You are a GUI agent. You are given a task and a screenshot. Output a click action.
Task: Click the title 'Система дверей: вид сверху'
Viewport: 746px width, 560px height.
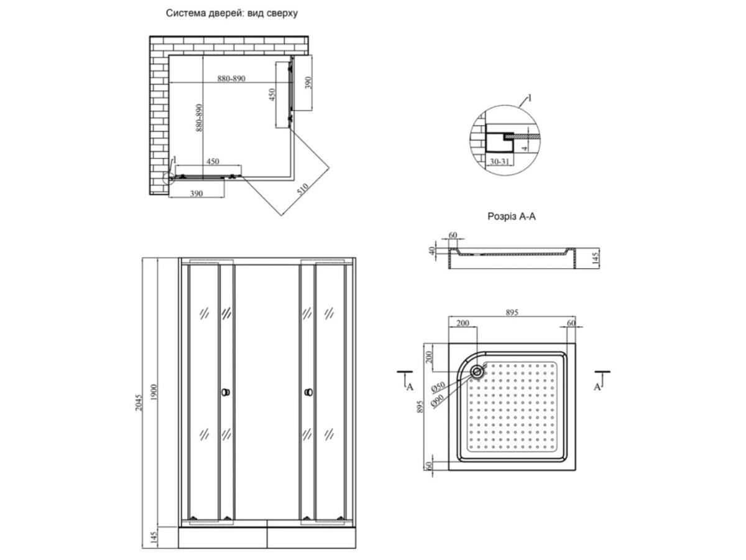(x=231, y=13)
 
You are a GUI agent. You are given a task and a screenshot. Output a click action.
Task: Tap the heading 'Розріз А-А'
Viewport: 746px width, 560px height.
(x=511, y=217)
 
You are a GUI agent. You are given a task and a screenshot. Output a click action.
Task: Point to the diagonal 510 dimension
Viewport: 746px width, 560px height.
(x=303, y=189)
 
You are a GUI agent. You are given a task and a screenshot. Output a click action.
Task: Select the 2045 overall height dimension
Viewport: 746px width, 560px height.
(x=139, y=403)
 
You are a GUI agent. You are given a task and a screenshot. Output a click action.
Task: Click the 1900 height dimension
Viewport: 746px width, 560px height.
(x=154, y=392)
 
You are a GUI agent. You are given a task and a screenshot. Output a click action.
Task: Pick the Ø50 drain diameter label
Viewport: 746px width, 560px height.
(x=438, y=386)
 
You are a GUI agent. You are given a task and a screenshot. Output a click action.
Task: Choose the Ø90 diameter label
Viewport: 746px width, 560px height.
(x=437, y=400)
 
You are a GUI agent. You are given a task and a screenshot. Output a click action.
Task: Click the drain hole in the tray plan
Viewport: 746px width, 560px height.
(x=477, y=371)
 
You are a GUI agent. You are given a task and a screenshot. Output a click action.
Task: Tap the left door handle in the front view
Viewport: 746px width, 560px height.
(x=225, y=393)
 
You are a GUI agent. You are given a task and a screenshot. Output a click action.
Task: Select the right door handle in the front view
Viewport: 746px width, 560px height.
(x=308, y=393)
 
